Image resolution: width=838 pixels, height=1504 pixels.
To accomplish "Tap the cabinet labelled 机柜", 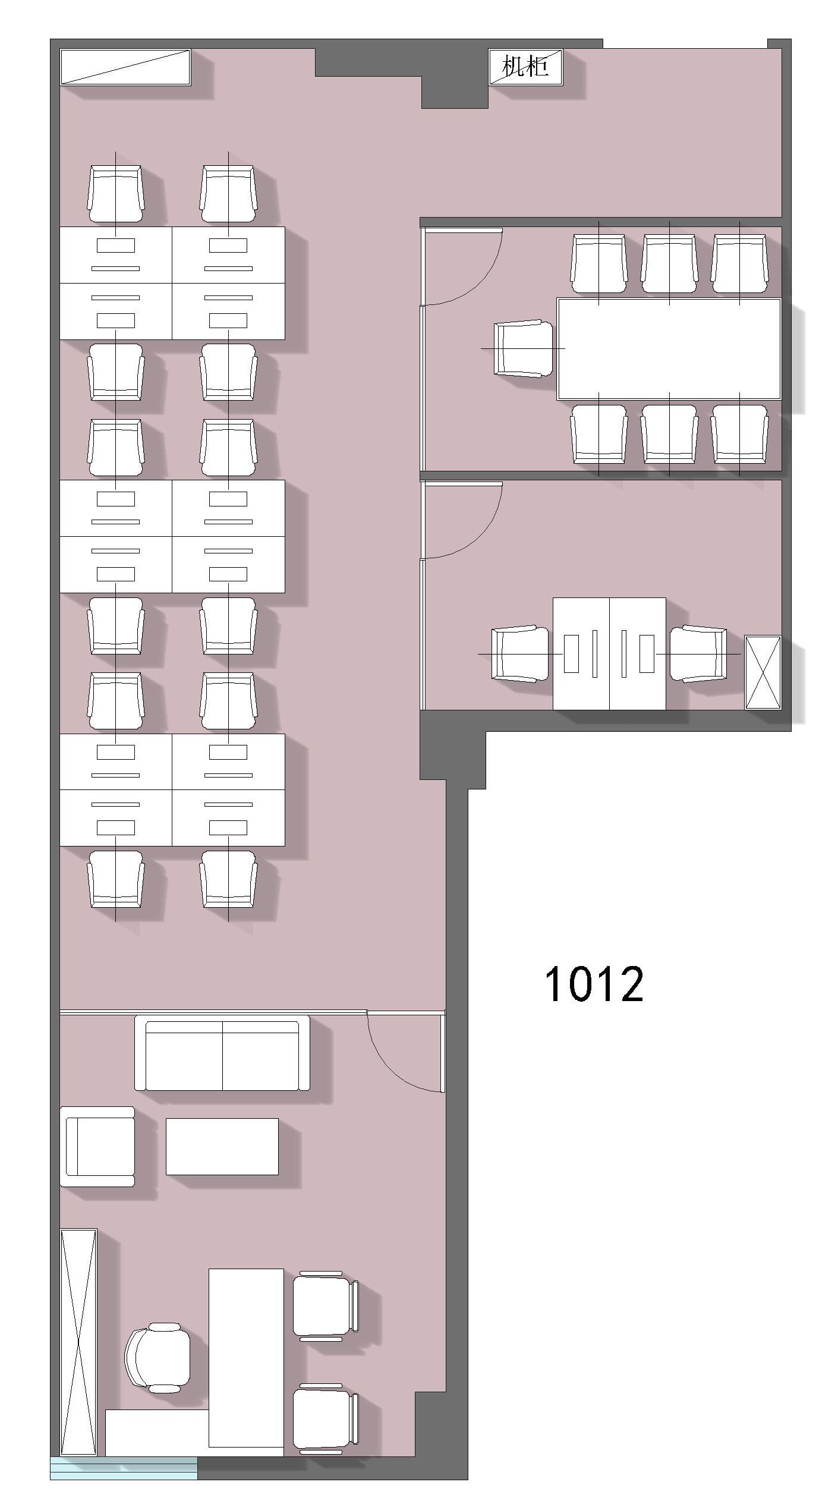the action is pos(525,67).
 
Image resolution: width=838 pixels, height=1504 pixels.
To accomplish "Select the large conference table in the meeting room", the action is pos(669,348).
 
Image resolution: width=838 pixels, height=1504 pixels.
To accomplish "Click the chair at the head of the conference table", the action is pos(524,349).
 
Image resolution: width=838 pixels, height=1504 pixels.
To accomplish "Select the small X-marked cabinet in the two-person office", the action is pos(763,672).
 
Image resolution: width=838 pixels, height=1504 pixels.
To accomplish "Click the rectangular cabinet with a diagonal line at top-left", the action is pos(125,67).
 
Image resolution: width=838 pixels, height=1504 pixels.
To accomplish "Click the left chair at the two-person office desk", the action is pos(520,654).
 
